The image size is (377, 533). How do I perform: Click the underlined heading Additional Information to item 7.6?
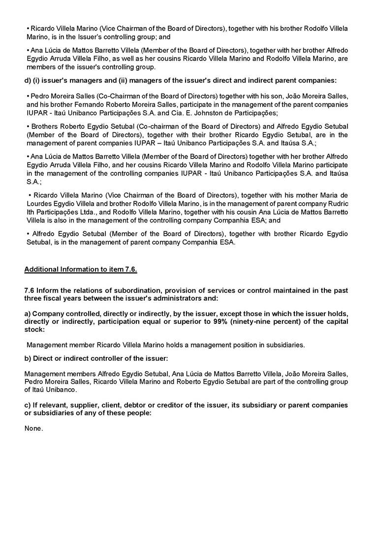point(81,269)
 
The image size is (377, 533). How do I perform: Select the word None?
point(33,429)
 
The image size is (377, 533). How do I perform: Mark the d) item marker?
point(28,80)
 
